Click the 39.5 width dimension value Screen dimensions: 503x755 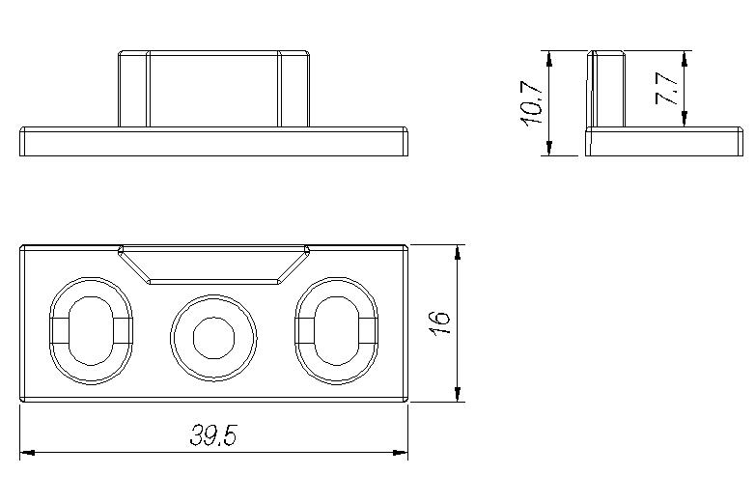pyautogui.click(x=213, y=436)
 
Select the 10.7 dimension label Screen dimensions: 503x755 pyautogui.click(x=532, y=103)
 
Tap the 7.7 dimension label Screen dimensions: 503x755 pyautogui.click(x=667, y=89)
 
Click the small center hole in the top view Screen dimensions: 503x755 pyautogui.click(x=213, y=336)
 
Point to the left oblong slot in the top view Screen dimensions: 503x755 pyautogui.click(x=90, y=334)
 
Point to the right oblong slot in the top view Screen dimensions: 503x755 pyautogui.click(x=337, y=334)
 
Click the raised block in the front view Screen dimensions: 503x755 pyautogui.click(x=213, y=89)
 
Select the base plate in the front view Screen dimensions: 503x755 pyautogui.click(x=213, y=142)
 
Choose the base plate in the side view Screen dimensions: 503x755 pyautogui.click(x=665, y=142)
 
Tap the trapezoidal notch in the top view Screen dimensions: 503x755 pyautogui.click(x=213, y=265)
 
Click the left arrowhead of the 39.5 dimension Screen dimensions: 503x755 pyautogui.click(x=26, y=451)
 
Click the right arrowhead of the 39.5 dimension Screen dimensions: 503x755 pyautogui.click(x=401, y=451)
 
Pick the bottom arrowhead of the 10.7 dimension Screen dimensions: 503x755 pyautogui.click(x=548, y=149)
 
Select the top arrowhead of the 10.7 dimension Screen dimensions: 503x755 pyautogui.click(x=548, y=57)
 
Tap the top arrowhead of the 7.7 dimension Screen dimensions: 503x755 pyautogui.click(x=684, y=57)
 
